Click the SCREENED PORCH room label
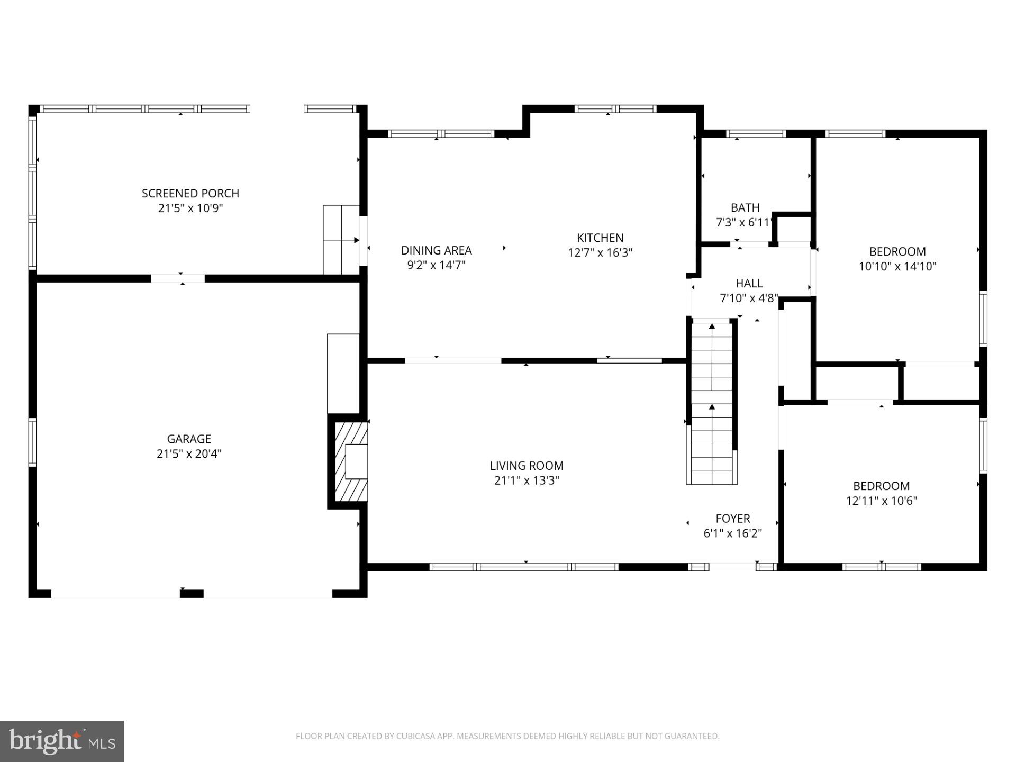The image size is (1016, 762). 190,194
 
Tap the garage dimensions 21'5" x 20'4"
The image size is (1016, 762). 189,454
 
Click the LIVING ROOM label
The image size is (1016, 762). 526,466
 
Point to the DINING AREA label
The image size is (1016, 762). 436,250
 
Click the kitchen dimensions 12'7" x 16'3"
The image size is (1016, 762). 600,253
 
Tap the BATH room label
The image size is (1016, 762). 745,208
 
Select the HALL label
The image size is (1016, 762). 749,283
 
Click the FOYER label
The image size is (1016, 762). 732,519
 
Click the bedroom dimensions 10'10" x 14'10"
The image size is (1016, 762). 897,266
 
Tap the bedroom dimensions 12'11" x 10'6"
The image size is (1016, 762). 881,501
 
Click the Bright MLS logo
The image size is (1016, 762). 61,741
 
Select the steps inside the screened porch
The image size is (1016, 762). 341,240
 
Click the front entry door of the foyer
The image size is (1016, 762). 732,567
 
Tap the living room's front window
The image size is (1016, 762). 524,567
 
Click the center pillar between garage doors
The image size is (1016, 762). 192,594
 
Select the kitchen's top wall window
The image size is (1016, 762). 615,110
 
